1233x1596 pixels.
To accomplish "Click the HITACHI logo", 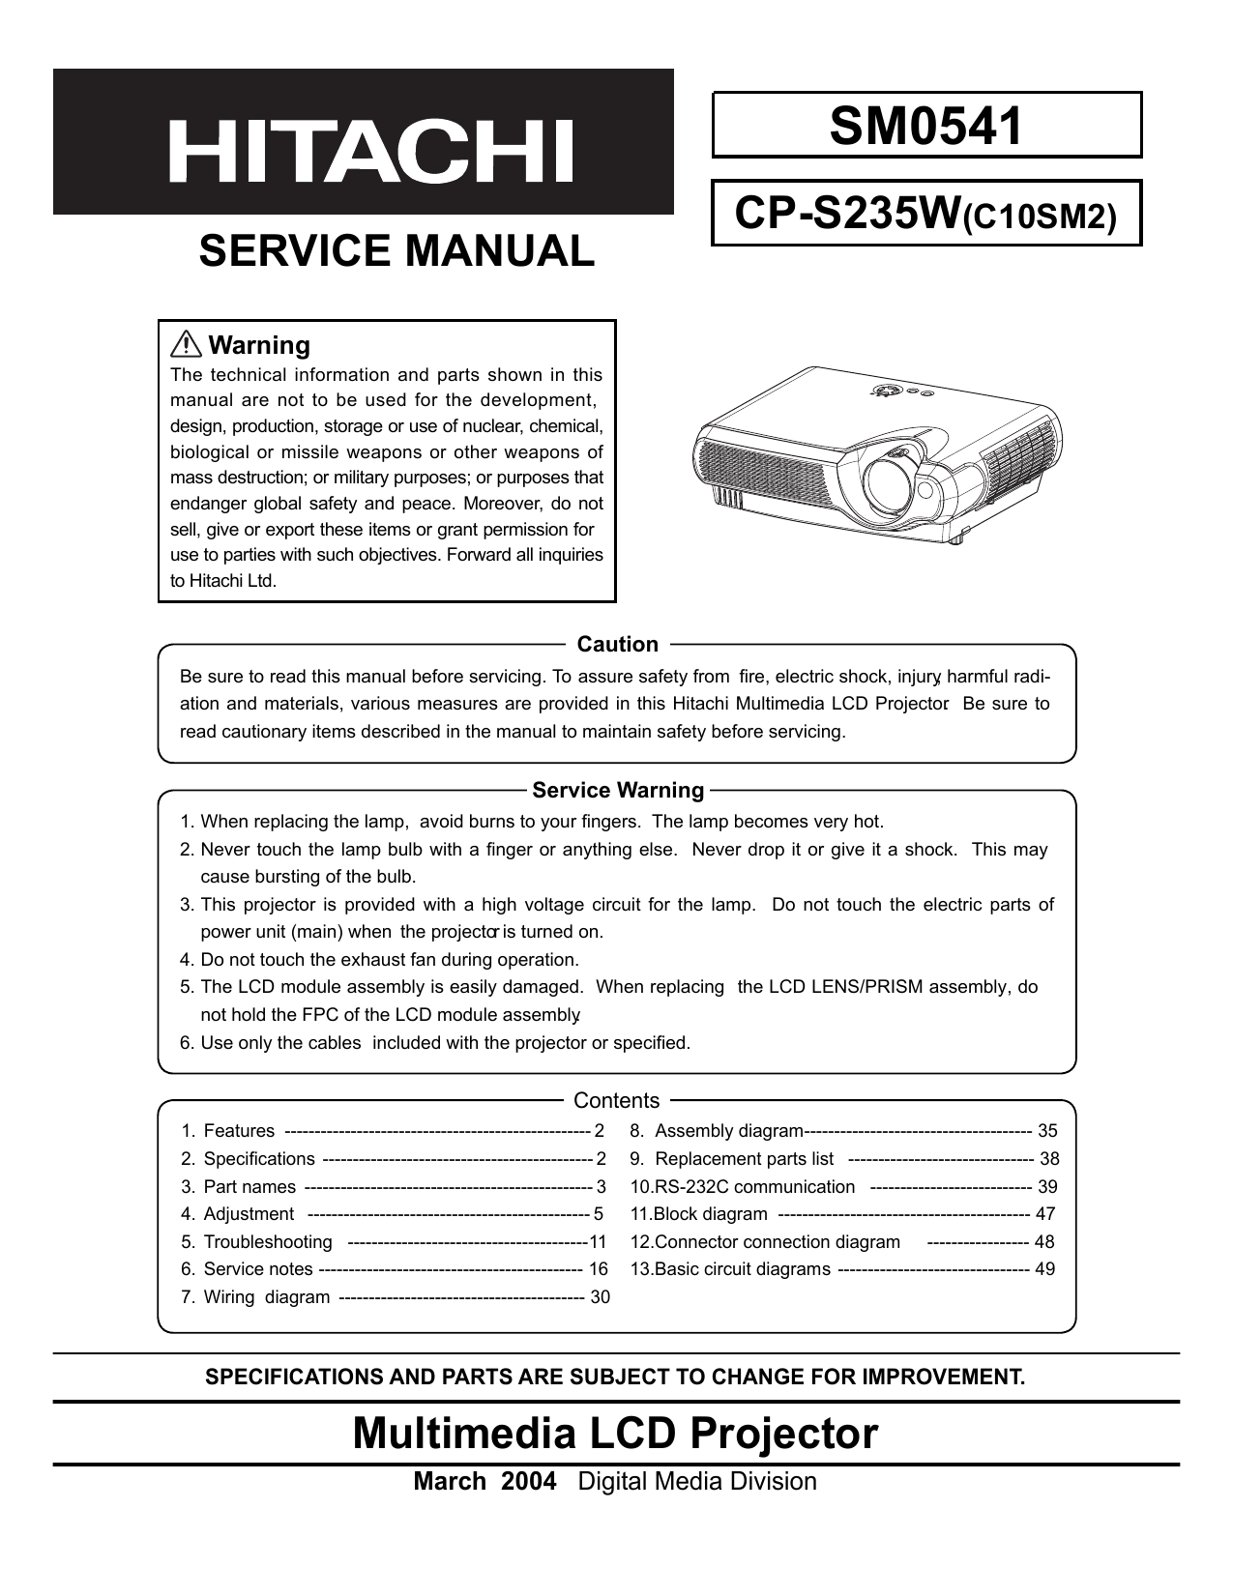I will tap(371, 152).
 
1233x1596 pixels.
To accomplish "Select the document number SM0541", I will tap(925, 126).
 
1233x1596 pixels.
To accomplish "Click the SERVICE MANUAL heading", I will tap(396, 250).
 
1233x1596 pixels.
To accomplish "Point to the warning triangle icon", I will tap(184, 344).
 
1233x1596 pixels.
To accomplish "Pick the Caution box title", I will tap(617, 645).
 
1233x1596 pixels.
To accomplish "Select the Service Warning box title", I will tap(618, 791).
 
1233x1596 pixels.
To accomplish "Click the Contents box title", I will tap(616, 1101).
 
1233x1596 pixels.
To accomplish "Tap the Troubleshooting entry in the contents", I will tap(268, 1242).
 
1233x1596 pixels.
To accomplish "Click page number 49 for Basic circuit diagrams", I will tap(1044, 1269).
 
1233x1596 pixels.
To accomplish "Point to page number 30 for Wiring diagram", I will tap(600, 1297).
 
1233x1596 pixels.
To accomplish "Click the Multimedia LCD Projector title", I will tap(615, 1434).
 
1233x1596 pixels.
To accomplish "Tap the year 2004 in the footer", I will tap(529, 1482).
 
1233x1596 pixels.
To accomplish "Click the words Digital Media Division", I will tap(697, 1482).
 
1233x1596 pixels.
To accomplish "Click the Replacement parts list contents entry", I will tap(744, 1159).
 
